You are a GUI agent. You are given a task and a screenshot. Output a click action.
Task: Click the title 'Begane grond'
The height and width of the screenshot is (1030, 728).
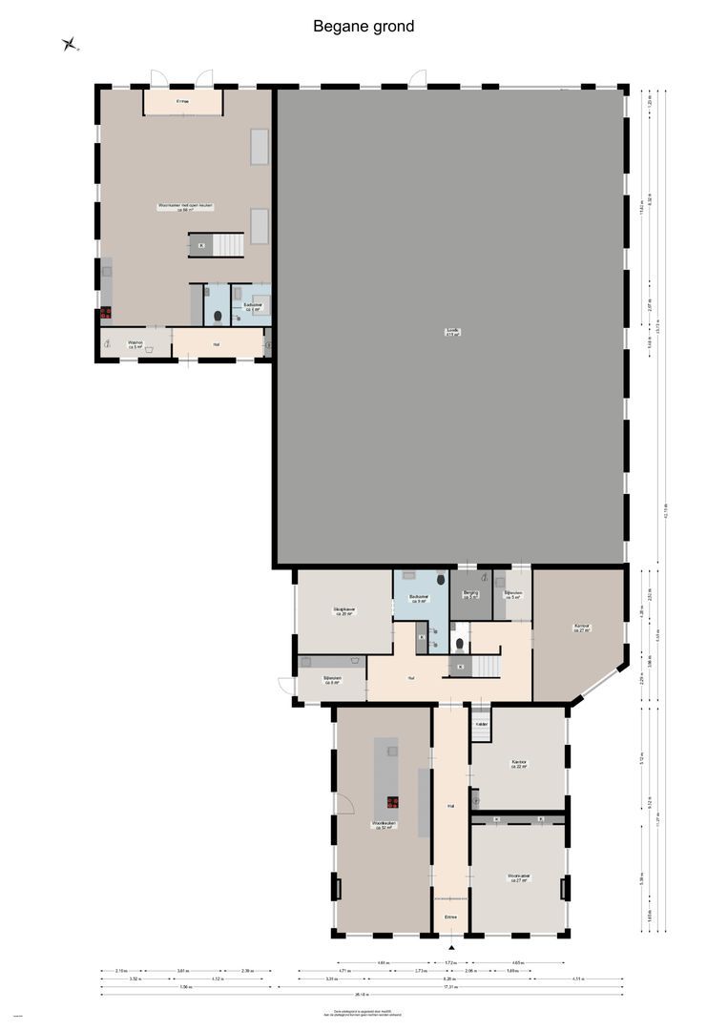(x=364, y=27)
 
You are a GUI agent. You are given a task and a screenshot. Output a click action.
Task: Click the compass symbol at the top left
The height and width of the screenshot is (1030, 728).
(x=69, y=43)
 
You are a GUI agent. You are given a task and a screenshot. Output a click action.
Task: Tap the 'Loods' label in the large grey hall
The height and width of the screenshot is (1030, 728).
(x=452, y=332)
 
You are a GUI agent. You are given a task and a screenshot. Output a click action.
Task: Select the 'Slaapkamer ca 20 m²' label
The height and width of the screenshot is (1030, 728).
(x=344, y=611)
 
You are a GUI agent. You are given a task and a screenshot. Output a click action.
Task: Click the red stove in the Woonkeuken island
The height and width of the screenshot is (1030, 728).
(x=392, y=802)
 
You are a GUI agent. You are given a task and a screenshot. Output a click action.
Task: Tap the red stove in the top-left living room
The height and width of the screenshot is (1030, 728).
(x=106, y=312)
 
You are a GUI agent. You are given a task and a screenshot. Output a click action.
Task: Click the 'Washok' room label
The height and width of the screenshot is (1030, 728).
(x=135, y=344)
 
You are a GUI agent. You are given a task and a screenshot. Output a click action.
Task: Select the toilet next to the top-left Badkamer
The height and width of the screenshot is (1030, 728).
(x=218, y=317)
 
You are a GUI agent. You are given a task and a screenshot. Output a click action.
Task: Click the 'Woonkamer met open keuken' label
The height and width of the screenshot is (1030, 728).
(x=185, y=207)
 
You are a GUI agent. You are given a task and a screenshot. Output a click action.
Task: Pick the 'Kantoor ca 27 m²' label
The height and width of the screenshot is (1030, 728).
(x=582, y=628)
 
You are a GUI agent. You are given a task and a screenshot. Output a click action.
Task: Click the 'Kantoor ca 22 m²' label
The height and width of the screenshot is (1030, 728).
(x=519, y=764)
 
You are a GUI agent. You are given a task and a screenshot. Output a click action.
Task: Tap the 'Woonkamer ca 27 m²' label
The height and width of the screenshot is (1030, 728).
(x=518, y=876)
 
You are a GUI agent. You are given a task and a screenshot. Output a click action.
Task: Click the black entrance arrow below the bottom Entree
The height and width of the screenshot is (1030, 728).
(x=451, y=947)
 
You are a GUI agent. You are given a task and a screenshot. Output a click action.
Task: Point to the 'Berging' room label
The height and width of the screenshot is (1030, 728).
(x=469, y=594)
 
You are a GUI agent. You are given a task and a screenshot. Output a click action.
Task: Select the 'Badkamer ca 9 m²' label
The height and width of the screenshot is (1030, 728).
(x=419, y=599)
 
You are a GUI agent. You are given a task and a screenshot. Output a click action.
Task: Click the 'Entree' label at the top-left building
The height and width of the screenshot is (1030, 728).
(x=182, y=100)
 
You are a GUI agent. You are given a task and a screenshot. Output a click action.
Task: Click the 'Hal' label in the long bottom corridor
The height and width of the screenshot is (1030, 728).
(x=449, y=807)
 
